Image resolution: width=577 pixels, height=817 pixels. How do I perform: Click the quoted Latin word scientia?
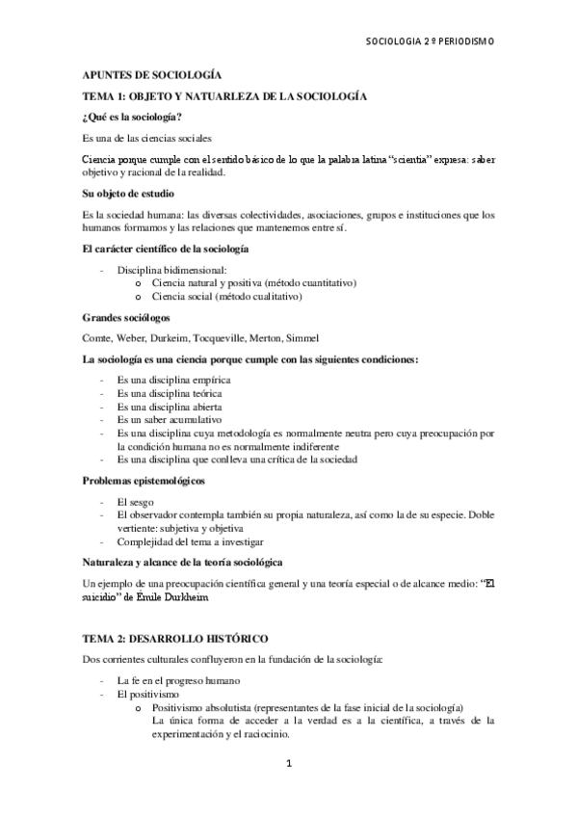(x=383, y=159)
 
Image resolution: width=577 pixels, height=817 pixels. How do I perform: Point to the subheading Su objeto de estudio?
(x=128, y=194)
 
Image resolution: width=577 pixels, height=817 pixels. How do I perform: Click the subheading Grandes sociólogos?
(x=124, y=318)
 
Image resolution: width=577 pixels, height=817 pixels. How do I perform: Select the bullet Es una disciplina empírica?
(x=173, y=380)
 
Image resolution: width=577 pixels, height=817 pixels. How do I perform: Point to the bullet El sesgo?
(x=134, y=502)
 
